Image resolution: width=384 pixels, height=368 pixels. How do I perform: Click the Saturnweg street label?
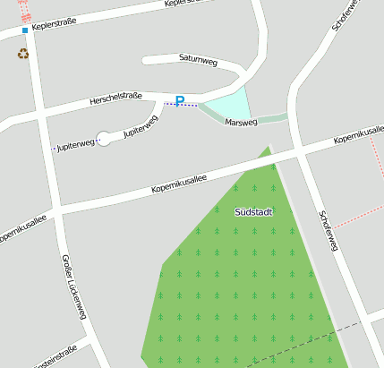click(x=199, y=61)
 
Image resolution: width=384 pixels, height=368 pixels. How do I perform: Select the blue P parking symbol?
click(x=180, y=101)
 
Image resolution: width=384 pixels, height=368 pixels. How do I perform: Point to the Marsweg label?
click(x=241, y=122)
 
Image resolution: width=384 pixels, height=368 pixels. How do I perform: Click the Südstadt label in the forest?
click(x=252, y=212)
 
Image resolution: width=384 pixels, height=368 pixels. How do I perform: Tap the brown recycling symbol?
click(x=22, y=54)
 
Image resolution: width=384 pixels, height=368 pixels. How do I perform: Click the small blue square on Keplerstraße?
click(x=25, y=30)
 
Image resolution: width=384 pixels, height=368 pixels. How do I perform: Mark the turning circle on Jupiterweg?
click(x=104, y=138)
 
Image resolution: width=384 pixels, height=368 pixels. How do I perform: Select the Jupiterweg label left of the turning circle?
click(x=74, y=144)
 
